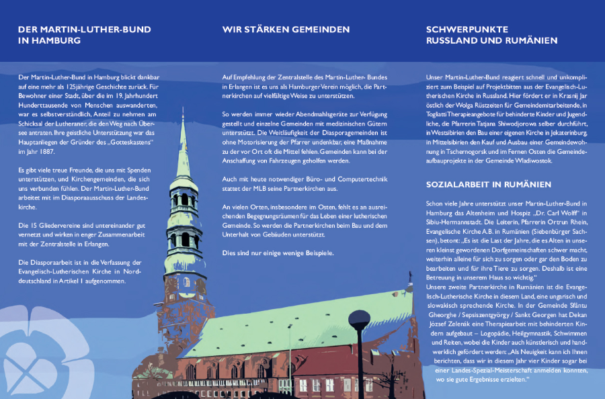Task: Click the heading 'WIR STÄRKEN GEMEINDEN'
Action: pyautogui.click(x=286, y=30)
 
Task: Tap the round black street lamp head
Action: pyautogui.click(x=359, y=318)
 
